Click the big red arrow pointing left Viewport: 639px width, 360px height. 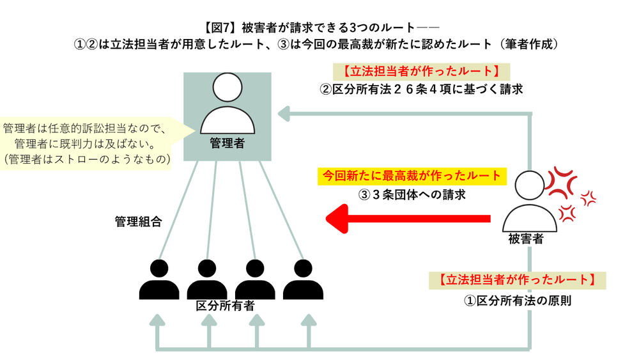pos(408,219)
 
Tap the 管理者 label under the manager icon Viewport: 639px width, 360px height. pos(227,143)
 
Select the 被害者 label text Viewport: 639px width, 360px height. pos(526,239)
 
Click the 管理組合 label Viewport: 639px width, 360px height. pos(139,221)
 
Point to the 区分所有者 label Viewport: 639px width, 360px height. pos(226,306)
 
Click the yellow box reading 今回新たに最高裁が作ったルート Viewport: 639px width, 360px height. pos(412,176)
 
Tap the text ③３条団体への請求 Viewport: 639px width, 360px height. pos(412,194)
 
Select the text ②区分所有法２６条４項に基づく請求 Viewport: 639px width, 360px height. pos(421,90)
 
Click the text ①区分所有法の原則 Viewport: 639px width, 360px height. pos(518,301)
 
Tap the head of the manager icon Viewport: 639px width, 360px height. pos(227,87)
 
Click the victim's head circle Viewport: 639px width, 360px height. pos(529,185)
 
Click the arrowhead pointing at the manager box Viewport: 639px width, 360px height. pos(284,114)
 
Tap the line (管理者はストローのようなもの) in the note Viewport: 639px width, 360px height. pos(87,159)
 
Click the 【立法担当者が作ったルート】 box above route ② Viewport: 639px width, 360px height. pos(421,72)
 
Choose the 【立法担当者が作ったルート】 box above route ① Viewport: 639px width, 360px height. pos(517,280)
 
